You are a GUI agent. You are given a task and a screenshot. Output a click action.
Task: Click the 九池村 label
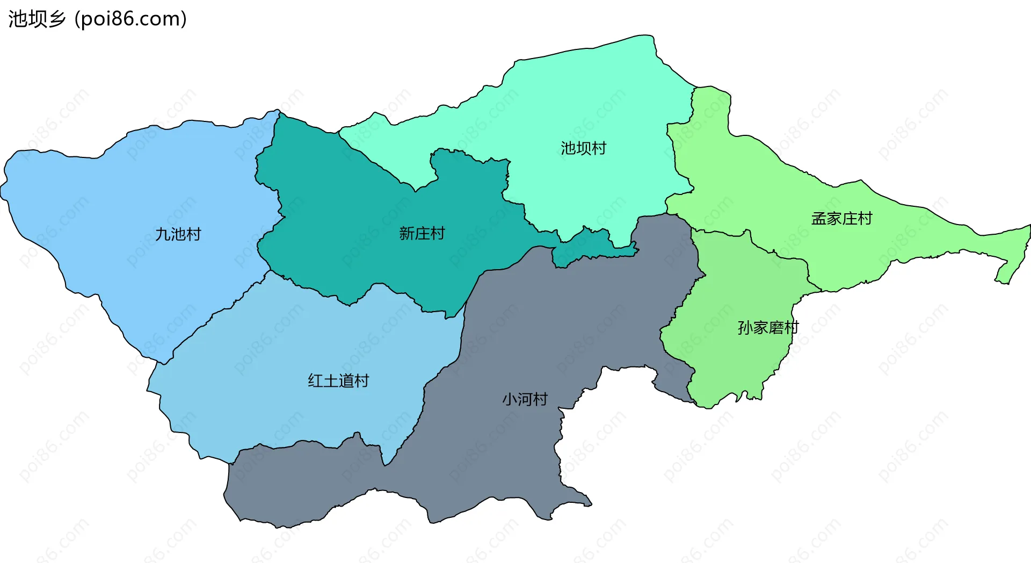pos(178,234)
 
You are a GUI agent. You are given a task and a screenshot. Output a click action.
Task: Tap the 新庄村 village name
pos(422,233)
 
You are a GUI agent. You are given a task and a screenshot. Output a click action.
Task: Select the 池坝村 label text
pos(583,148)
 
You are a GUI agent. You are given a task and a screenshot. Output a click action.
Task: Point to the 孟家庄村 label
pos(841,219)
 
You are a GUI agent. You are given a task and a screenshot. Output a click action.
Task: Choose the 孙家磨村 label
pos(768,327)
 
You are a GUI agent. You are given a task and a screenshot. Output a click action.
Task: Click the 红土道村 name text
pos(338,381)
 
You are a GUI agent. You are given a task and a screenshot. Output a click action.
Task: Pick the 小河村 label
pos(525,399)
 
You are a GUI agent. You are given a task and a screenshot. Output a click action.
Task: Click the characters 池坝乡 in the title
pos(37,19)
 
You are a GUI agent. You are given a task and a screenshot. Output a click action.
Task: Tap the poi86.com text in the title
pos(130,19)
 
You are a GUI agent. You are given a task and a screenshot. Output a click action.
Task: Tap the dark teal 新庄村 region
pos(349,226)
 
